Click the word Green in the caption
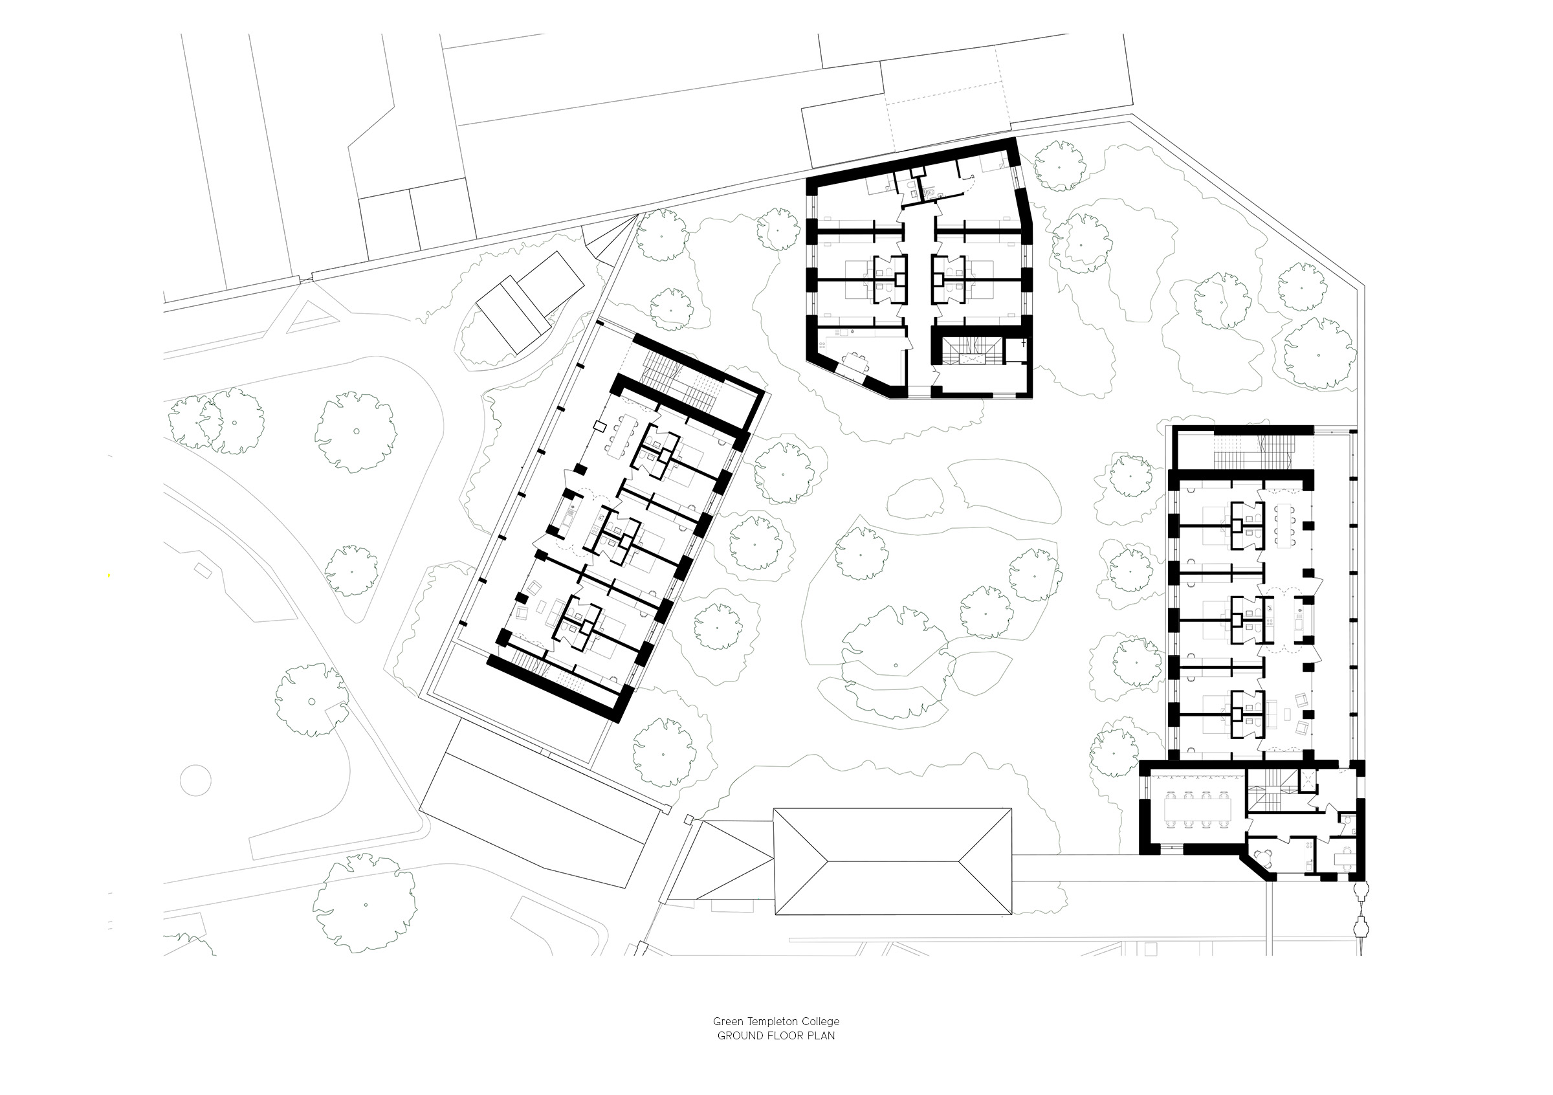(x=727, y=1021)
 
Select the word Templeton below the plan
(x=765, y=1021)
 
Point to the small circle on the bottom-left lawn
(x=194, y=780)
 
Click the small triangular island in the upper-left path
(x=311, y=316)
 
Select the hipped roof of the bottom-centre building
(x=892, y=861)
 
